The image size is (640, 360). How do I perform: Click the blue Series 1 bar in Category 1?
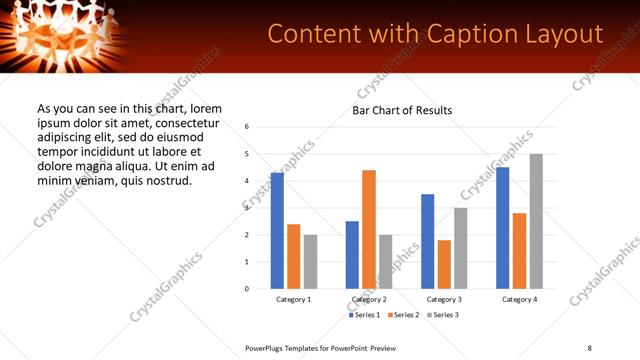pyautogui.click(x=277, y=231)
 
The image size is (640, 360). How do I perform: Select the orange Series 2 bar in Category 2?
pyautogui.click(x=369, y=229)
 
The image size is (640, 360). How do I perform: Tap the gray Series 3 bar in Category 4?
pyautogui.click(x=536, y=221)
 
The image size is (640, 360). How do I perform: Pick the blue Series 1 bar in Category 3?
pyautogui.click(x=428, y=241)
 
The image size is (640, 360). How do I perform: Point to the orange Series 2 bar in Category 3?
pyautogui.click(x=444, y=264)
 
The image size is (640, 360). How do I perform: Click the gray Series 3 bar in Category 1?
pyautogui.click(x=310, y=261)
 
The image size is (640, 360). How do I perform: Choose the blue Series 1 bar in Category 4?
pyautogui.click(x=503, y=228)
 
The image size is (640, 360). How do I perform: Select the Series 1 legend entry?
pyautogui.click(x=364, y=315)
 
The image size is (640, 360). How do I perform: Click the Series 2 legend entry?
pyautogui.click(x=402, y=315)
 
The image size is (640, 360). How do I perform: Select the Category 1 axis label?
pyautogui.click(x=294, y=299)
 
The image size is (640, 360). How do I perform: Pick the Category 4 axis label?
pyautogui.click(x=519, y=299)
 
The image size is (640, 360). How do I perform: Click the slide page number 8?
pyautogui.click(x=590, y=347)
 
